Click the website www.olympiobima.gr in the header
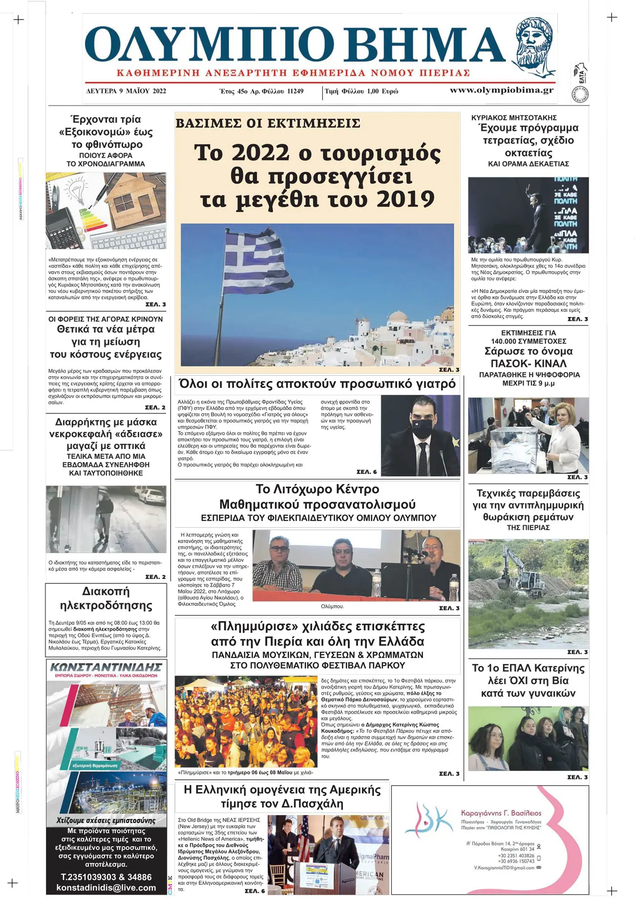tap(502, 90)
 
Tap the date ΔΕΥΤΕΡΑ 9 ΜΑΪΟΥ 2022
tap(126, 91)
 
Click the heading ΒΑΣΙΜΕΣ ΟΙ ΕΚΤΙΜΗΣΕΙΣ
tap(268, 123)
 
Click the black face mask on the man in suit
tap(422, 427)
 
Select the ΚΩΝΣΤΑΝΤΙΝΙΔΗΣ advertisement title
tap(106, 667)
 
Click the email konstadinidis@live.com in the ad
tap(106, 888)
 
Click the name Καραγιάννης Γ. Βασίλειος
tap(501, 813)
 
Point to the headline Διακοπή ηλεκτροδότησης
tap(106, 599)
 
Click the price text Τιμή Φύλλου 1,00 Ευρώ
tap(361, 91)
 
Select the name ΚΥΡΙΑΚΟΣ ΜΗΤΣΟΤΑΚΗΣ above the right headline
tap(514, 118)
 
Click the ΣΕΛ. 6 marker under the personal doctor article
tap(366, 472)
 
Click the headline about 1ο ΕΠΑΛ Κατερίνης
tap(528, 681)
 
